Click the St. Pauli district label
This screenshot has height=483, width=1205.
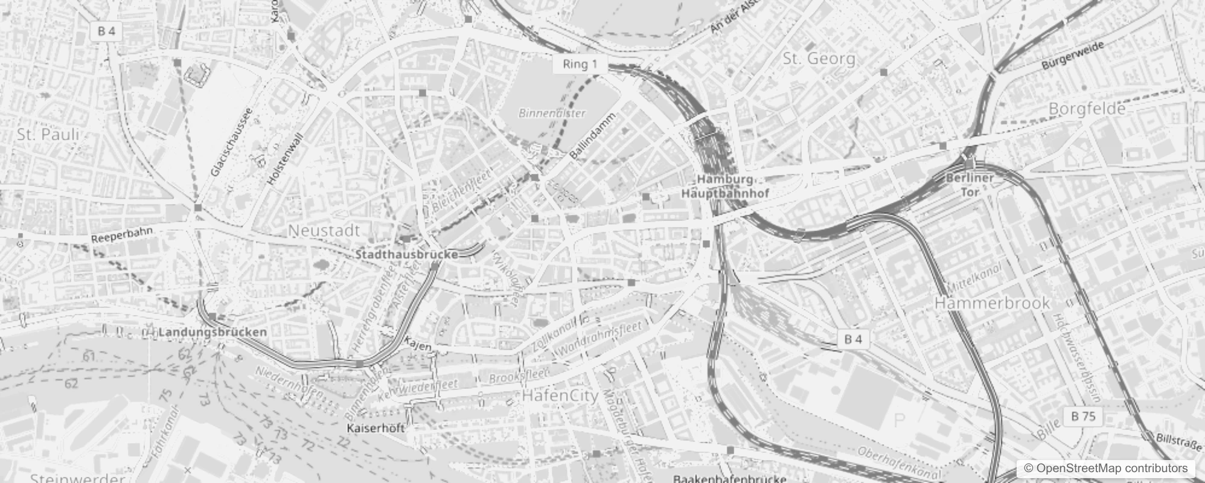click(48, 134)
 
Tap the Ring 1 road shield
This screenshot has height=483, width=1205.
click(580, 65)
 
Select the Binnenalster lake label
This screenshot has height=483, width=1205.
click(552, 114)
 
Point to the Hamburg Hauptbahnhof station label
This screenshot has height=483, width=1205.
click(725, 187)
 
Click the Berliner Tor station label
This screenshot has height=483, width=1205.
click(970, 185)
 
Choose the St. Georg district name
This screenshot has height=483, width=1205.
click(819, 59)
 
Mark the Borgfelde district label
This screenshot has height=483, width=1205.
click(1087, 109)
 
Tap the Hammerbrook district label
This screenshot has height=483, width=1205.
click(992, 302)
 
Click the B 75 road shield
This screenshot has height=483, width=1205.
click(1083, 416)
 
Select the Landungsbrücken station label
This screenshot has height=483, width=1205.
click(213, 332)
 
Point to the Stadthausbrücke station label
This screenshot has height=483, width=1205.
click(406, 255)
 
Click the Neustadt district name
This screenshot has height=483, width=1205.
click(324, 230)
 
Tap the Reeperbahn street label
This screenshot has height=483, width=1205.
click(122, 235)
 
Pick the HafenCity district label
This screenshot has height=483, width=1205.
click(560, 396)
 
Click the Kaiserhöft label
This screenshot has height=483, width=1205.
click(376, 428)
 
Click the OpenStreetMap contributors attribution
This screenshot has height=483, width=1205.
click(1105, 469)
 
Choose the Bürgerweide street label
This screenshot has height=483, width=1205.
click(1073, 56)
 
